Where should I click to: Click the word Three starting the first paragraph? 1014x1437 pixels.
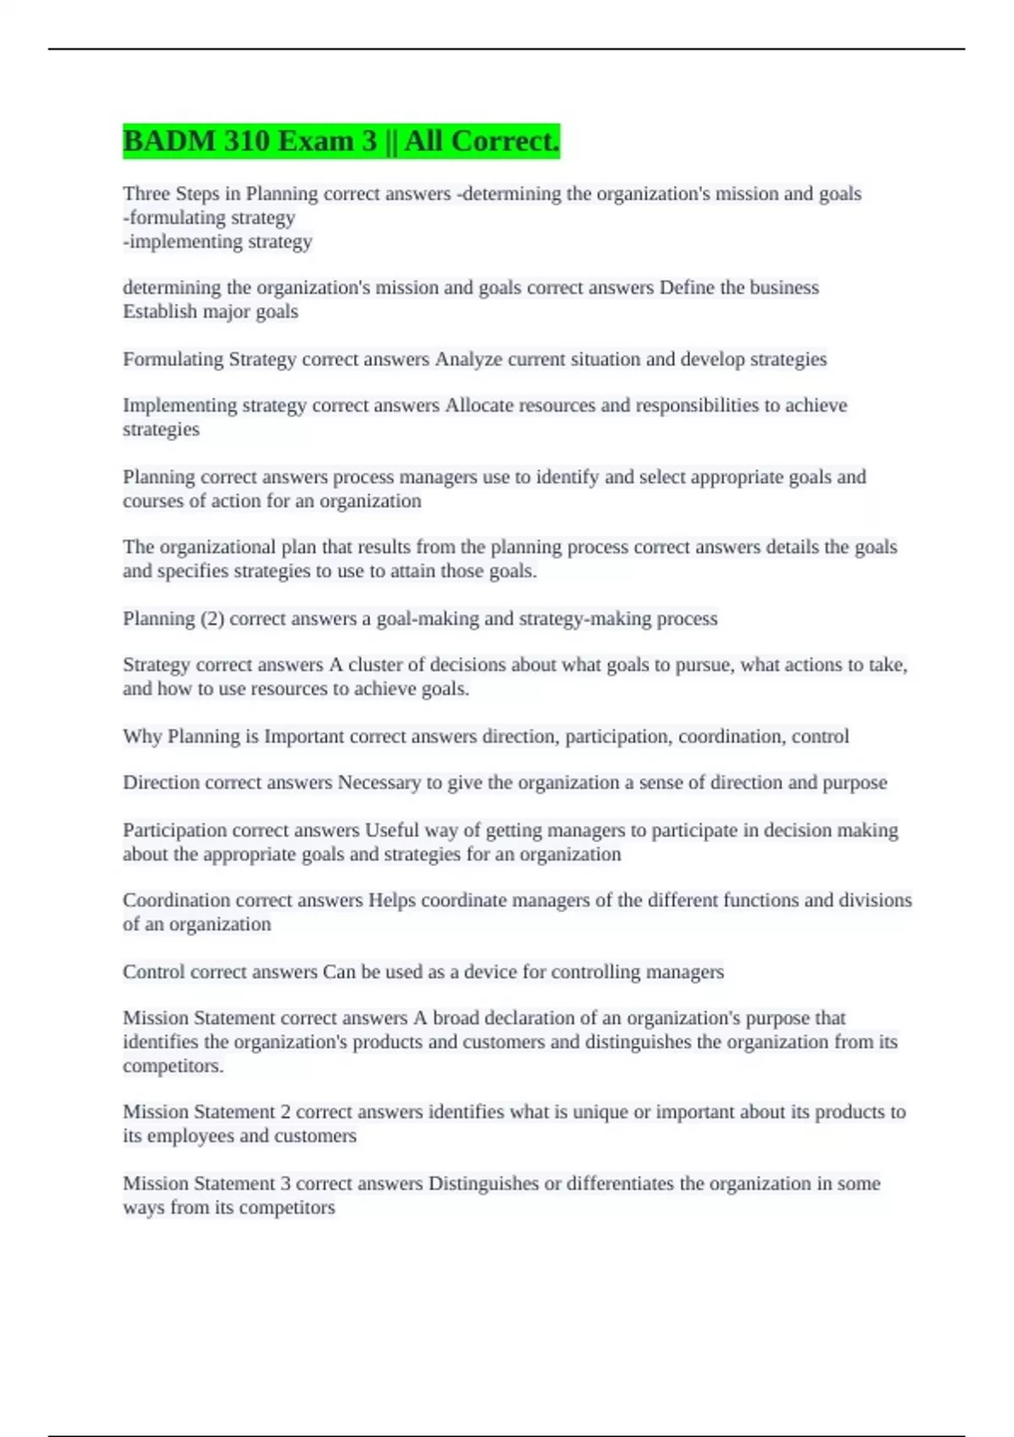coord(146,194)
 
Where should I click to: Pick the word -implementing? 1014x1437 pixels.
coord(183,242)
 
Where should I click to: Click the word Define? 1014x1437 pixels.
coord(686,287)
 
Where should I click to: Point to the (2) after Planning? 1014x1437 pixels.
coord(212,619)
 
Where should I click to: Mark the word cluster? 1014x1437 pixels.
coord(375,665)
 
